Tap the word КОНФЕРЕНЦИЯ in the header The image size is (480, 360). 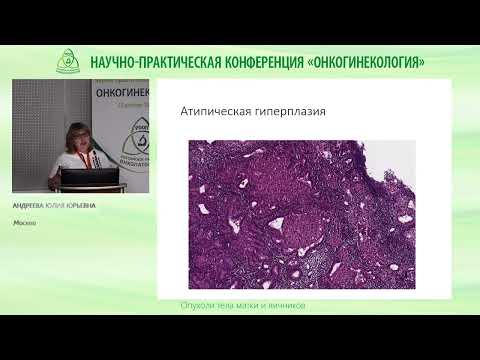point(262,61)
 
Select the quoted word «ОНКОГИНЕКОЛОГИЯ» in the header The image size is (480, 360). point(368,61)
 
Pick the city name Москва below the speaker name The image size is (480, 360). point(25,223)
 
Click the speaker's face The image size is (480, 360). point(77,137)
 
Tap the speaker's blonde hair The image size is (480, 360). point(78,129)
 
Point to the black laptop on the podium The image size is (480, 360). point(91,179)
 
